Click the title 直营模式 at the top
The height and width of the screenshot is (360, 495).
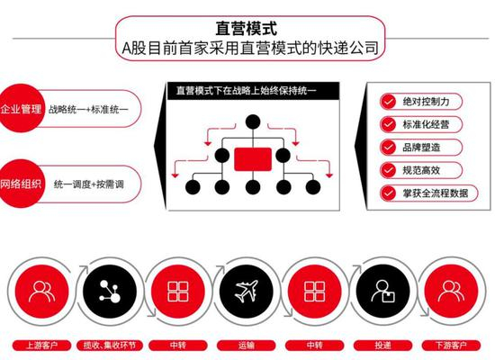(247, 29)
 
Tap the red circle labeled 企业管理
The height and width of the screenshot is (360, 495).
(20, 108)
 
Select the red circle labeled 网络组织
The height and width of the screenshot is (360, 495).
(20, 184)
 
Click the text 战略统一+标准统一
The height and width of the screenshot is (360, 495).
(88, 109)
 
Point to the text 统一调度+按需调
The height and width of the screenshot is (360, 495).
(89, 184)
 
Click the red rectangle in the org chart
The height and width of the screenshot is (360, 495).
(253, 159)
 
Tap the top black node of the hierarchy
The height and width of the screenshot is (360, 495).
(253, 121)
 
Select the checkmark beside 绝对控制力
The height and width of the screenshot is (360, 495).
(388, 102)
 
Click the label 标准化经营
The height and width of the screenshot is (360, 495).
(426, 124)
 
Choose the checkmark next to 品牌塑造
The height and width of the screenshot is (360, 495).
(388, 148)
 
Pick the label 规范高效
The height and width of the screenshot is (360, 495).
(421, 170)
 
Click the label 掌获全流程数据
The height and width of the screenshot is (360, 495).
(436, 193)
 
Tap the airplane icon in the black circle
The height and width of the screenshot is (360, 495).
(247, 291)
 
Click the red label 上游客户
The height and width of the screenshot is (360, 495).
(41, 346)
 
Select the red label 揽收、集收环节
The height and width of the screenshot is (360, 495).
(110, 346)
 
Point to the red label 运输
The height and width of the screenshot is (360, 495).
(247, 346)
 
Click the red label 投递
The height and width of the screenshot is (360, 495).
(382, 346)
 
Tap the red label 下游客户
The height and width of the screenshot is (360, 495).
(451, 346)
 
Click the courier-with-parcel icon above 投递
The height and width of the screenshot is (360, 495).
(382, 292)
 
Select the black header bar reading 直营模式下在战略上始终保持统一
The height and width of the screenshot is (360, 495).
(253, 91)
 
